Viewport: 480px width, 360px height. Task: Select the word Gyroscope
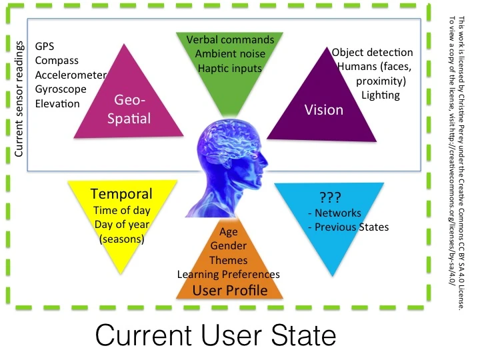(x=61, y=89)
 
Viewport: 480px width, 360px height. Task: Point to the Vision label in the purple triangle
(x=323, y=110)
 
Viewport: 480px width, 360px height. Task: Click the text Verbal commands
(x=230, y=40)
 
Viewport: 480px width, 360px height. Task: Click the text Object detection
(x=372, y=52)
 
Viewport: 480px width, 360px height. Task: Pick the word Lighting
(x=381, y=95)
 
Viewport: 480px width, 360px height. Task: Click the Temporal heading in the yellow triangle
(x=121, y=195)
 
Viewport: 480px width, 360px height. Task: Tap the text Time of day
(x=121, y=210)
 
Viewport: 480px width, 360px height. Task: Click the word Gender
(x=228, y=246)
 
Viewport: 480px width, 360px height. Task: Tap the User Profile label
(x=229, y=290)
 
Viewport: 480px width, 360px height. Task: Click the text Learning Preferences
(x=228, y=274)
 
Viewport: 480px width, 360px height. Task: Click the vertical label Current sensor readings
(x=19, y=101)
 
